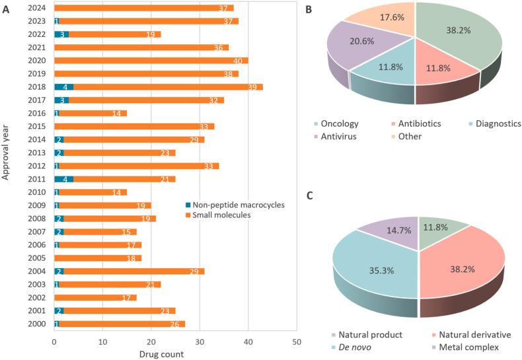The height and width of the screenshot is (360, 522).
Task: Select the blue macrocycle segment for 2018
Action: click(63, 87)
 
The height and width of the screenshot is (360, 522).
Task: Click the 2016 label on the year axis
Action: click(36, 113)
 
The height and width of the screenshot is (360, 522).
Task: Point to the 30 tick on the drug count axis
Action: click(200, 341)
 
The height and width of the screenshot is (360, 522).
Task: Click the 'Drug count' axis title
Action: click(161, 354)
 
